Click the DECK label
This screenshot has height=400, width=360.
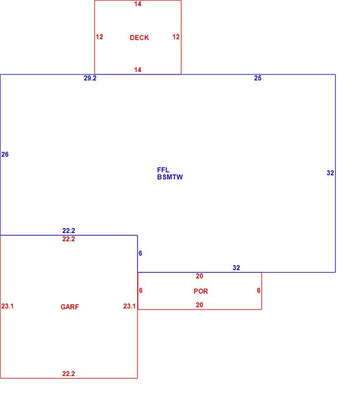pyautogui.click(x=139, y=38)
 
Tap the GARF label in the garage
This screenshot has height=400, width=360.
pyautogui.click(x=70, y=307)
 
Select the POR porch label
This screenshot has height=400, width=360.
pyautogui.click(x=201, y=291)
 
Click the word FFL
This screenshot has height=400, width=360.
pyautogui.click(x=163, y=170)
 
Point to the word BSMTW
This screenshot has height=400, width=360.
pyautogui.click(x=170, y=177)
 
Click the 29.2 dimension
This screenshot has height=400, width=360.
pyautogui.click(x=90, y=78)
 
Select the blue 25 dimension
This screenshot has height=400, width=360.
pyautogui.click(x=258, y=78)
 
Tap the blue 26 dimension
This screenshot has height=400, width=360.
pyautogui.click(x=5, y=154)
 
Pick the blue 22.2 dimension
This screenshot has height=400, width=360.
pyautogui.click(x=68, y=231)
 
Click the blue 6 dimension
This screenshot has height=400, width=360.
pyautogui.click(x=140, y=253)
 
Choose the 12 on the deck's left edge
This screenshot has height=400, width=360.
pyautogui.click(x=99, y=37)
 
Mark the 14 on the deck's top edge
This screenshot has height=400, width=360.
pyautogui.click(x=138, y=4)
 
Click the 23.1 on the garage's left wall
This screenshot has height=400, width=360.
pyautogui.click(x=7, y=306)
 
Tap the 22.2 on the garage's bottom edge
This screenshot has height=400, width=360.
pyautogui.click(x=68, y=374)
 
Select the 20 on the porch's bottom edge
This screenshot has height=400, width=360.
pyautogui.click(x=200, y=305)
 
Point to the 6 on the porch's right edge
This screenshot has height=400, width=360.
pyautogui.click(x=259, y=291)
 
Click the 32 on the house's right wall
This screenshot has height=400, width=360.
pyautogui.click(x=330, y=173)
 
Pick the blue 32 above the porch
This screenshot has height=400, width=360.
pyautogui.click(x=236, y=268)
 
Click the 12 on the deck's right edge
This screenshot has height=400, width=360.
pyautogui.click(x=176, y=37)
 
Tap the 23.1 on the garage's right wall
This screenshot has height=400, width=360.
pyautogui.click(x=129, y=306)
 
